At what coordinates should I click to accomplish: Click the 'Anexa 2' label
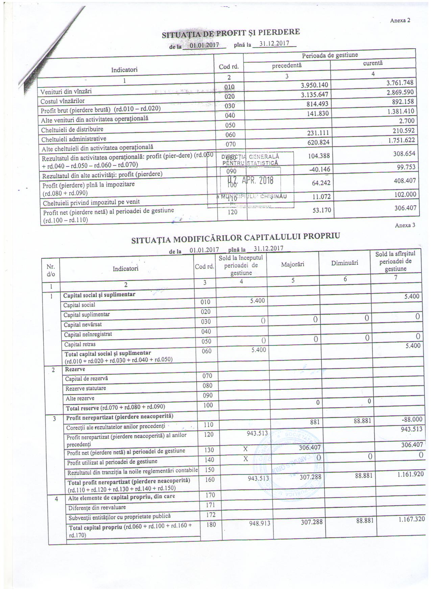400,20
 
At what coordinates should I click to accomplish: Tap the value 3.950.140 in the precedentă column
314,85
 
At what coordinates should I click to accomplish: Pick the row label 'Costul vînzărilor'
63,101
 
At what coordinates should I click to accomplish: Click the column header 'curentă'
373,63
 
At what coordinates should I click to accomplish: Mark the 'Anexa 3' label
405,225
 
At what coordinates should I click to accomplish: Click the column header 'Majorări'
292,264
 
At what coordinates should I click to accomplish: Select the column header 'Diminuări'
344,263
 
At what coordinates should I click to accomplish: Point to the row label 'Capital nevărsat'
83,325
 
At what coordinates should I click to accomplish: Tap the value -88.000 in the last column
410,419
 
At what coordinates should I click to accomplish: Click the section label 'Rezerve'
73,369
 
